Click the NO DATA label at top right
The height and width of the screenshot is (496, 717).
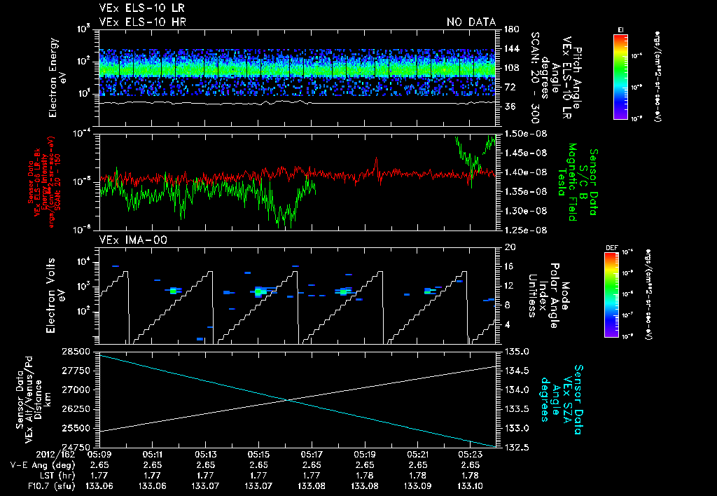click(471, 22)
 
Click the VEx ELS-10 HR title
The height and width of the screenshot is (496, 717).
click(137, 22)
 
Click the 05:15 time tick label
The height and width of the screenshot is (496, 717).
click(259, 455)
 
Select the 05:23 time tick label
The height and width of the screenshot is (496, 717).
click(470, 455)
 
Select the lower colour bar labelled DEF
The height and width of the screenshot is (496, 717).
click(611, 295)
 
